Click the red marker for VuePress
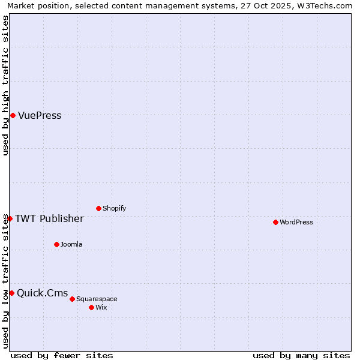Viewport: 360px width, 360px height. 13,115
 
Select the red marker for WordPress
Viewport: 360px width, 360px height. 275,222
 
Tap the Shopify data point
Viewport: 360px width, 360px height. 98,208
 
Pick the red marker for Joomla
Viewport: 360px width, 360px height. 56,244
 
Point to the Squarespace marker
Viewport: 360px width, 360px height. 72,299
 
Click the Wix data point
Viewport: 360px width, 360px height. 91,307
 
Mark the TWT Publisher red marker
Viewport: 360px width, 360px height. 10,218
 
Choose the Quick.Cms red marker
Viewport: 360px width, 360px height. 11,293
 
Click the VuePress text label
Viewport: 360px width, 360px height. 40,116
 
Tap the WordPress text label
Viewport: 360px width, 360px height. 296,223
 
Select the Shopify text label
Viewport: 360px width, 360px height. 114,209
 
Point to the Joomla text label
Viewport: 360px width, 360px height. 71,245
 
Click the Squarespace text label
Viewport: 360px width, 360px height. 97,299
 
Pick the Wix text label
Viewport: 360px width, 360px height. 101,308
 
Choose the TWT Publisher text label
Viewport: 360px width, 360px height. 49,219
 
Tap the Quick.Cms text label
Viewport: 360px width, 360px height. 42,293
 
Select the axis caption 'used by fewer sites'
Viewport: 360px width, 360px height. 62,355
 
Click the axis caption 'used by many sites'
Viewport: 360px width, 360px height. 301,355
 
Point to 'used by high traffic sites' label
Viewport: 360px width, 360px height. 5,85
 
